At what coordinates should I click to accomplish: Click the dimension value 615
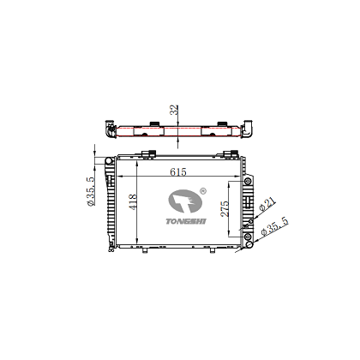178,171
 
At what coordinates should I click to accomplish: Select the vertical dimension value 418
133,202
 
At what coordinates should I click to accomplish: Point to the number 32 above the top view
174,110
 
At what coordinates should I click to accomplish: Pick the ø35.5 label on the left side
90,190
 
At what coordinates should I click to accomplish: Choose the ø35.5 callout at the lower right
273,227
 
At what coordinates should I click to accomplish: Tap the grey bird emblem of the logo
182,202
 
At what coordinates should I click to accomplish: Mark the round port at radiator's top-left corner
106,160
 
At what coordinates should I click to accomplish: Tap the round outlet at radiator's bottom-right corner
249,237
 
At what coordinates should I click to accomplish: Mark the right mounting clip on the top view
208,128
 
